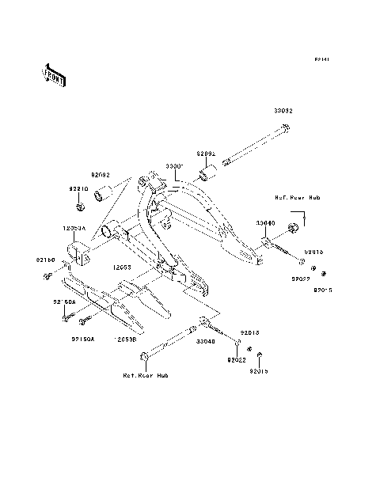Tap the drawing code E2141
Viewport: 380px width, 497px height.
321,59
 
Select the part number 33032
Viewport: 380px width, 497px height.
283,112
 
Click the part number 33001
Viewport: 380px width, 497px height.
174,167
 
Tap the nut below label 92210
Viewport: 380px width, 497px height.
81,207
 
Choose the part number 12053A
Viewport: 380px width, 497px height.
74,228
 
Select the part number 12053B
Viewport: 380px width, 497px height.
127,338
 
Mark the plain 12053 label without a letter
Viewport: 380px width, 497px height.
121,267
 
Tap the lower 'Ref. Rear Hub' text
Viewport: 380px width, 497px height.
146,374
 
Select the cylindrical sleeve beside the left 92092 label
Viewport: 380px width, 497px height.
101,194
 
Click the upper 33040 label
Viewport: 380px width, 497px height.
265,224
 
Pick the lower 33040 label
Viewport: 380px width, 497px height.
206,341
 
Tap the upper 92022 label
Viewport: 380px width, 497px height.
299,279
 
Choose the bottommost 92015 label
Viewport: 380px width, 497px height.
260,370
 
